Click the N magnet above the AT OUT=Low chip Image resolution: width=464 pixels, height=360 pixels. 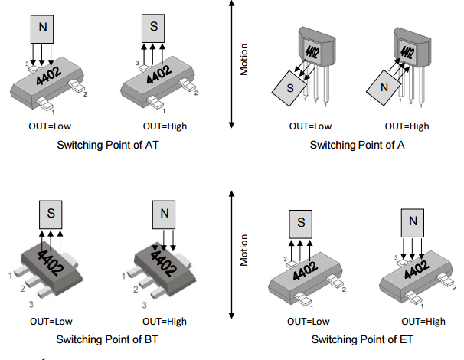(43, 30)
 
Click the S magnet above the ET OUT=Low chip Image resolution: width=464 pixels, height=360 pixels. (301, 223)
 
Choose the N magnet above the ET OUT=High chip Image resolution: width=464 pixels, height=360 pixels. (413, 222)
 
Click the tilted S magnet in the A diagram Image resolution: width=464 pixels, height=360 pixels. (290, 87)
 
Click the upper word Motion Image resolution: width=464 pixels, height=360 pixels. (244, 62)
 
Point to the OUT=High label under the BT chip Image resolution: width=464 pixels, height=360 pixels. (165, 321)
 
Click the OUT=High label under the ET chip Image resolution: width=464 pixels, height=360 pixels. (423, 321)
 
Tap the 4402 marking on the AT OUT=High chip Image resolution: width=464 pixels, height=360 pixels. (158, 74)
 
